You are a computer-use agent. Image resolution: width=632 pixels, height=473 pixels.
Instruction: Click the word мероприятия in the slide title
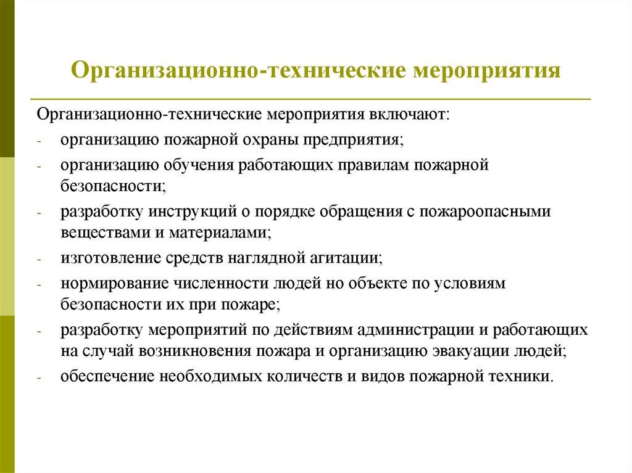tap(487, 69)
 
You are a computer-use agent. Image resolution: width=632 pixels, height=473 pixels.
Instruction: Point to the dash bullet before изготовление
tap(38, 260)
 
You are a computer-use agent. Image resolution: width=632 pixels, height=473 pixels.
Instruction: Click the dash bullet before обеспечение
tap(38, 377)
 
